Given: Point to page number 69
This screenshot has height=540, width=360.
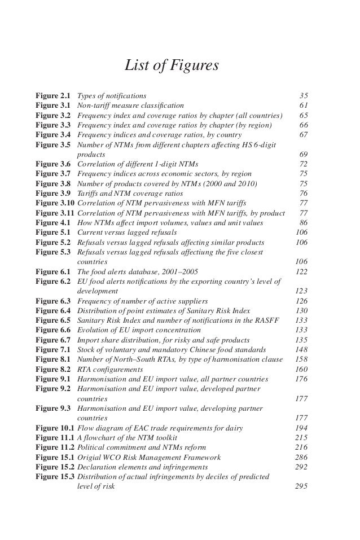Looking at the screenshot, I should click(x=304, y=154).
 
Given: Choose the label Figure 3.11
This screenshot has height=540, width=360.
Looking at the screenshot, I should click(x=55, y=213).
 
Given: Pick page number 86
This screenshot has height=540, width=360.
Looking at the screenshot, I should click(x=304, y=222).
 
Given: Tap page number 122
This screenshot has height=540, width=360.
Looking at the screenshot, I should click(x=301, y=271).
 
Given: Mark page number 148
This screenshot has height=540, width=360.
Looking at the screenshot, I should click(x=301, y=350).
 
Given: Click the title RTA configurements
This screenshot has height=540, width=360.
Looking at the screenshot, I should click(x=110, y=369).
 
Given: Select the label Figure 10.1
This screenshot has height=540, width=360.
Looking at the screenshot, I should click(x=55, y=428).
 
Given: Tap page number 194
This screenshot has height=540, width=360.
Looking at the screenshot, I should click(x=301, y=428).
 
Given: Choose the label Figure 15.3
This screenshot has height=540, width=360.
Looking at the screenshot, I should click(x=55, y=477).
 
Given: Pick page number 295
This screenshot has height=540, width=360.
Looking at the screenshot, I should click(x=301, y=487).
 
